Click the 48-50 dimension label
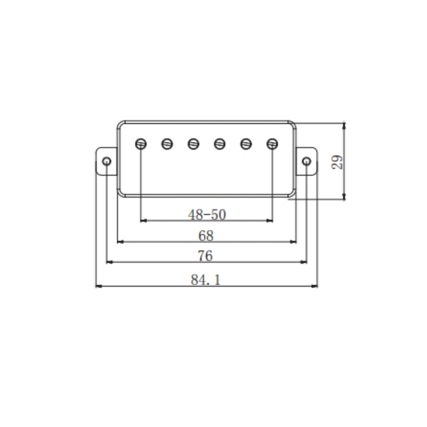(207, 214)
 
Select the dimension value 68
(205, 235)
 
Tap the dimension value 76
(205, 256)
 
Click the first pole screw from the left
(141, 143)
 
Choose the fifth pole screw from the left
(246, 143)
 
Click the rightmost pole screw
(272, 143)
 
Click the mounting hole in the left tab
(107, 161)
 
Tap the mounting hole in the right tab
(307, 161)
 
